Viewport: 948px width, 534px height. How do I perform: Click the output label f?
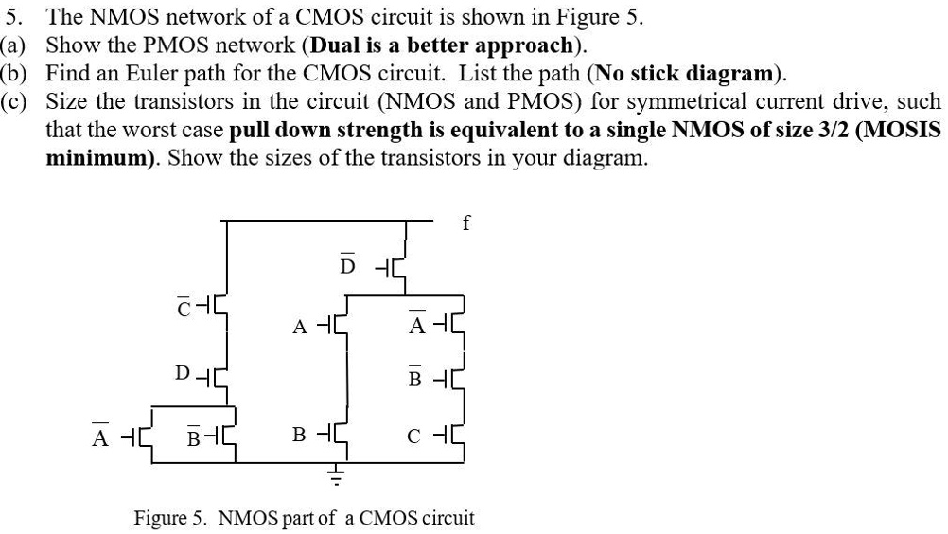(465, 224)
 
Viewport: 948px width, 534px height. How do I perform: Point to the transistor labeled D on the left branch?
(215, 373)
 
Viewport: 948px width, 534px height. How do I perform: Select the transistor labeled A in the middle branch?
(342, 328)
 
